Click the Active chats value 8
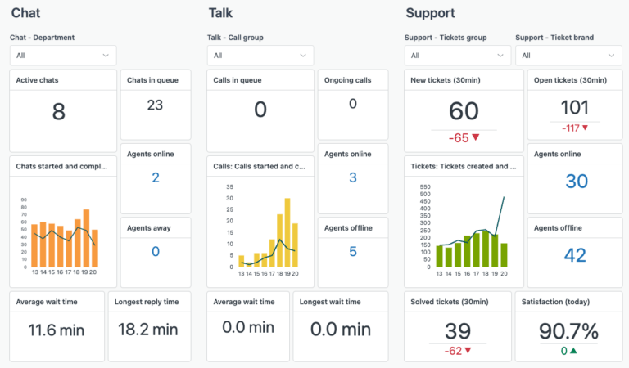[x=58, y=112]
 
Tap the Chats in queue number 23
[x=155, y=105]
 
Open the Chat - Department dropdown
[x=63, y=56]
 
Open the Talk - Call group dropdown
[x=260, y=56]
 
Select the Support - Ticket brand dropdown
[x=568, y=56]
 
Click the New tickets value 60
[x=464, y=112]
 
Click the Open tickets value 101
[x=575, y=107]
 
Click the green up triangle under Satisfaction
[x=574, y=352]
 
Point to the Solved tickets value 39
[x=458, y=331]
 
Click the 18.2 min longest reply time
[x=149, y=330]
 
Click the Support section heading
[x=430, y=13]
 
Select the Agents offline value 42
[x=575, y=255]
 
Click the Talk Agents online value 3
[x=352, y=177]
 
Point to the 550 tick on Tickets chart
[x=425, y=187]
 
